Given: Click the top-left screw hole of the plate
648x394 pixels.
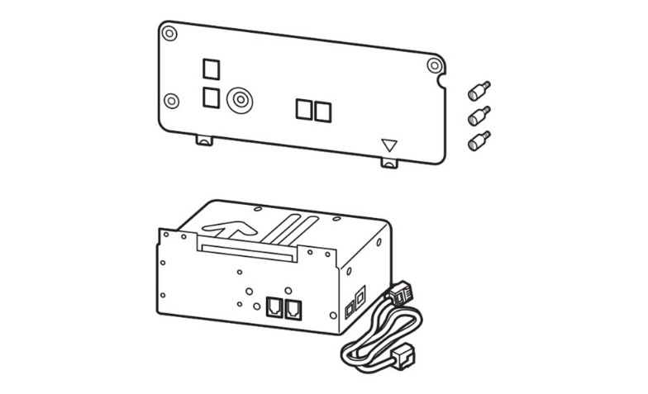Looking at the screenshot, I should click(169, 34).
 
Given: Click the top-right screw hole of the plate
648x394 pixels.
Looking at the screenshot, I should click(435, 66).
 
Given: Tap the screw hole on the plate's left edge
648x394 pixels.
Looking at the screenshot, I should click(172, 101).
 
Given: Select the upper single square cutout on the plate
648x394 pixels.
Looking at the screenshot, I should click(212, 67).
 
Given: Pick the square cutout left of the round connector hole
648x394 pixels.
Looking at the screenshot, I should click(212, 97).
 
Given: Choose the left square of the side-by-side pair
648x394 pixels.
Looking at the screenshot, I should click(304, 110).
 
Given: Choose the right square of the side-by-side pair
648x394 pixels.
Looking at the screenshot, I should click(322, 111).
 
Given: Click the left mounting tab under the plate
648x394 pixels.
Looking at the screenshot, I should click(204, 140).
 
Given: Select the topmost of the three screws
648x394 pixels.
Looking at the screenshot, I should click(479, 88).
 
